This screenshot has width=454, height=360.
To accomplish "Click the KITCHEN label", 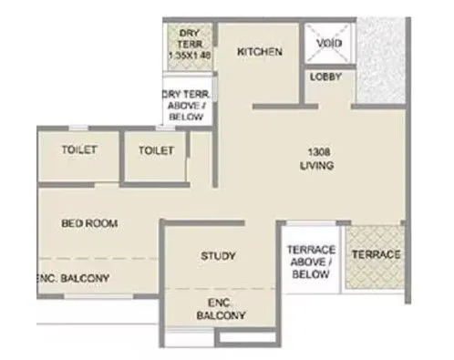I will [x=261, y=53].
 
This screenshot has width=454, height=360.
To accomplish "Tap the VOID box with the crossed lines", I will [x=328, y=44].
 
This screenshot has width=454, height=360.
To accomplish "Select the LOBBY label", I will [x=325, y=77].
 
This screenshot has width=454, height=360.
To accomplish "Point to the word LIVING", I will [x=316, y=167].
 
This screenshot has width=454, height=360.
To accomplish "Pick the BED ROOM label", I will [x=89, y=223].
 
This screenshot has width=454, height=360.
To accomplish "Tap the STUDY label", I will [x=218, y=256].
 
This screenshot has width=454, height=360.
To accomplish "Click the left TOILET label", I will [x=79, y=149].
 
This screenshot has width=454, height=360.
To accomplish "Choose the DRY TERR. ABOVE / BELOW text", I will [x=187, y=105].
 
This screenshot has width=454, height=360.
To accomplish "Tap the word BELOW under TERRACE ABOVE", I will [x=311, y=273].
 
